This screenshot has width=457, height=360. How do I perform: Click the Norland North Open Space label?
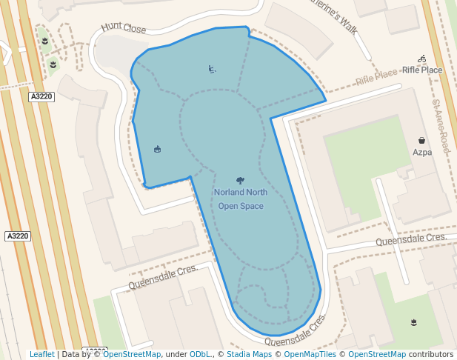tap(239, 199)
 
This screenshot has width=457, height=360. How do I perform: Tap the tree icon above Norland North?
tap(239, 181)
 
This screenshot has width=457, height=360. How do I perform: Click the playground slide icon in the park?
tap(213, 70)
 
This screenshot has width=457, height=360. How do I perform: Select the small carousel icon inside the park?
tap(157, 150)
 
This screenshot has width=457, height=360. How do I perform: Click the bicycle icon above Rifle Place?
tap(421, 59)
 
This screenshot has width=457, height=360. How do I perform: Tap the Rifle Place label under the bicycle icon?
tap(421, 70)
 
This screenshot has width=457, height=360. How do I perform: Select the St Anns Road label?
tap(441, 127)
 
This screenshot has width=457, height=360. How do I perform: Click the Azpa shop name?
tap(421, 153)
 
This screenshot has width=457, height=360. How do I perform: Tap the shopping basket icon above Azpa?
tap(421, 140)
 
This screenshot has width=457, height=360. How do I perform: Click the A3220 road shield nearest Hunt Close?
tap(41, 96)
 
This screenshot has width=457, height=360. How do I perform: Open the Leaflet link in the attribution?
tap(41, 355)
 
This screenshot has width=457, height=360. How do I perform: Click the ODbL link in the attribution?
tap(201, 355)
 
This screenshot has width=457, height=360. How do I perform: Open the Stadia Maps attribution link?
tap(249, 355)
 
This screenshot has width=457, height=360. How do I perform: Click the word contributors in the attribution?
tap(431, 355)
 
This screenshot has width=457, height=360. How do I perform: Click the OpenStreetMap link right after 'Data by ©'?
tap(132, 355)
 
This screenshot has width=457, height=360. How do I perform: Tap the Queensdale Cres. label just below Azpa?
tap(410, 239)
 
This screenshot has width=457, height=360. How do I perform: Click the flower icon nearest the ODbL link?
tap(413, 321)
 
